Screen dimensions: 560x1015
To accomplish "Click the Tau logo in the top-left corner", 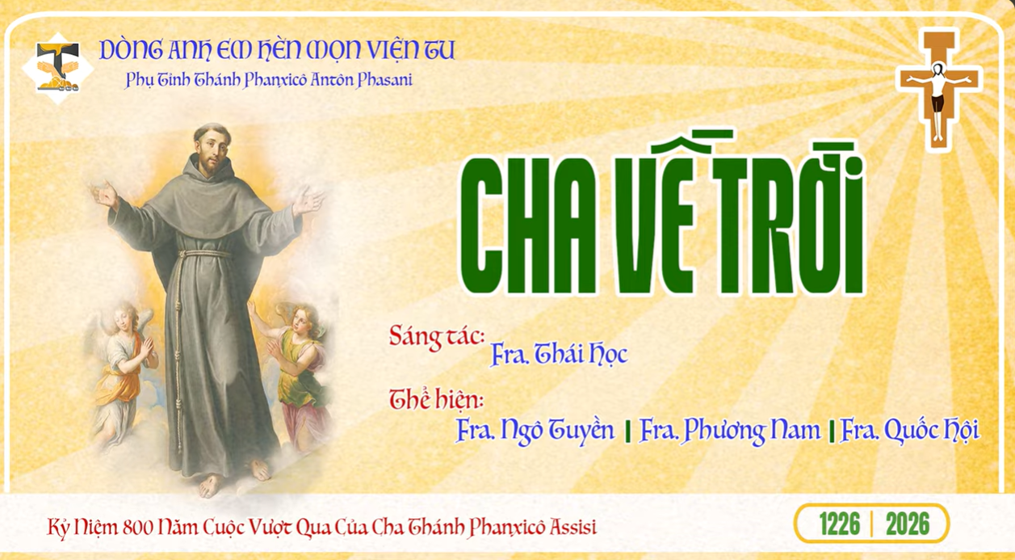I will click(x=58, y=63).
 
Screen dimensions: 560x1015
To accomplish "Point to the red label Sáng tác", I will click(x=436, y=335).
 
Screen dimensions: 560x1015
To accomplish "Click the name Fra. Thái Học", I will click(x=558, y=355).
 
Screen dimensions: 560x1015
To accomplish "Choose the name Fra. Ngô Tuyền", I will click(x=535, y=430).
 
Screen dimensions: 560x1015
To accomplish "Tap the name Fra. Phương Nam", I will click(x=729, y=430).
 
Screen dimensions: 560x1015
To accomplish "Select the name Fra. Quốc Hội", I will click(x=909, y=430).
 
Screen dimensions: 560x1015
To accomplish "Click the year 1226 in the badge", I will click(x=839, y=524).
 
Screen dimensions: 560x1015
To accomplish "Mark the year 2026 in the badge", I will click(x=907, y=524).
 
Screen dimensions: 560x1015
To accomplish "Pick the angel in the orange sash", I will click(x=125, y=364).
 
